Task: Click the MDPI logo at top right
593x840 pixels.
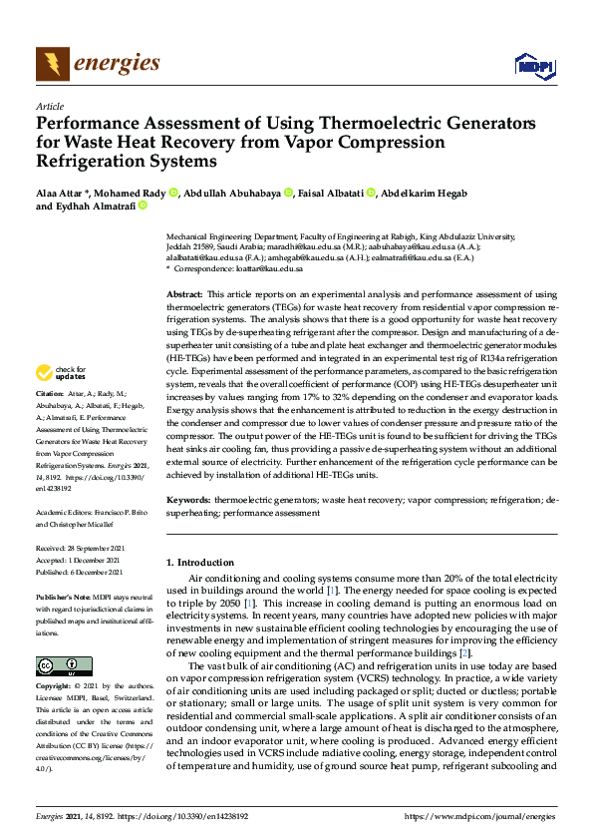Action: tap(533, 66)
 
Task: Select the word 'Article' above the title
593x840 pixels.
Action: tap(49, 107)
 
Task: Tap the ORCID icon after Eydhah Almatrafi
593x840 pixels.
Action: tap(142, 207)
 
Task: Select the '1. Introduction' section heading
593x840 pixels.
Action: tap(200, 563)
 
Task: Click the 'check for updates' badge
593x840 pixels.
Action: tap(62, 373)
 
